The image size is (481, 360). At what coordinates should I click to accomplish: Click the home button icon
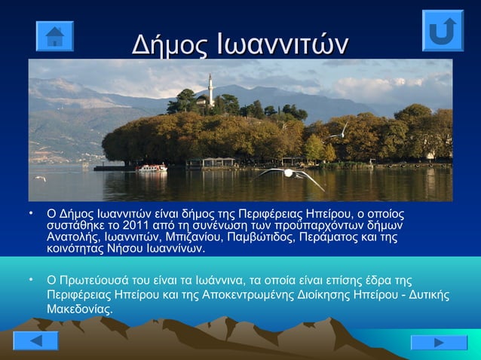54,36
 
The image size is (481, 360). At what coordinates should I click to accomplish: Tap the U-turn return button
442,31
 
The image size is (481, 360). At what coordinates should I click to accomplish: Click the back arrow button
35,340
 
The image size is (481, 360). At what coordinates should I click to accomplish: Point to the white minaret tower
210,91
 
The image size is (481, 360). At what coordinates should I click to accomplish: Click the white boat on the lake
152,167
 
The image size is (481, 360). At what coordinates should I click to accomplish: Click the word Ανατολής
70,237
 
